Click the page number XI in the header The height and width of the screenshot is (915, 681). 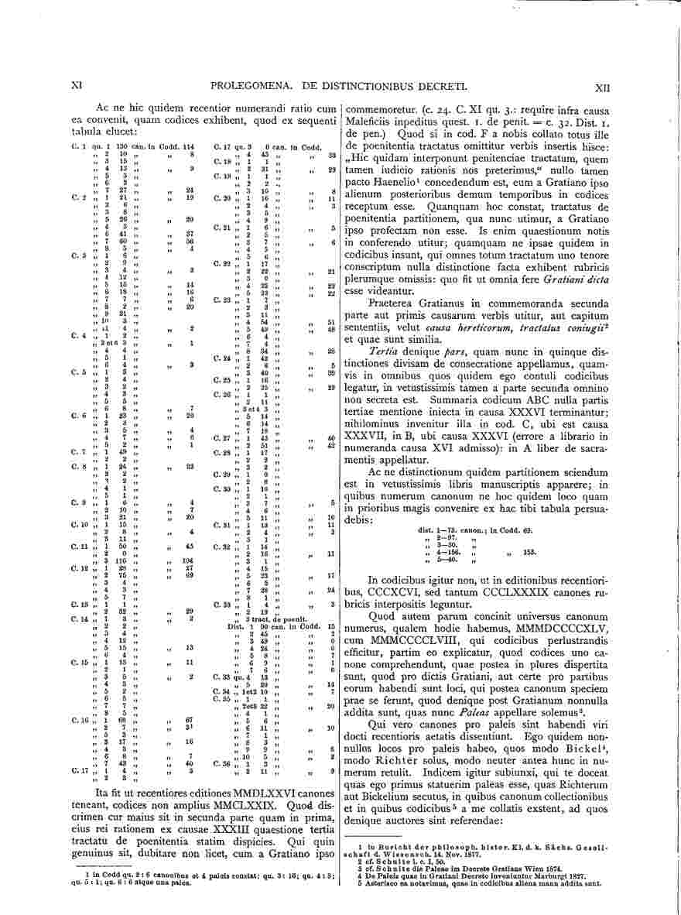point(77,88)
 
